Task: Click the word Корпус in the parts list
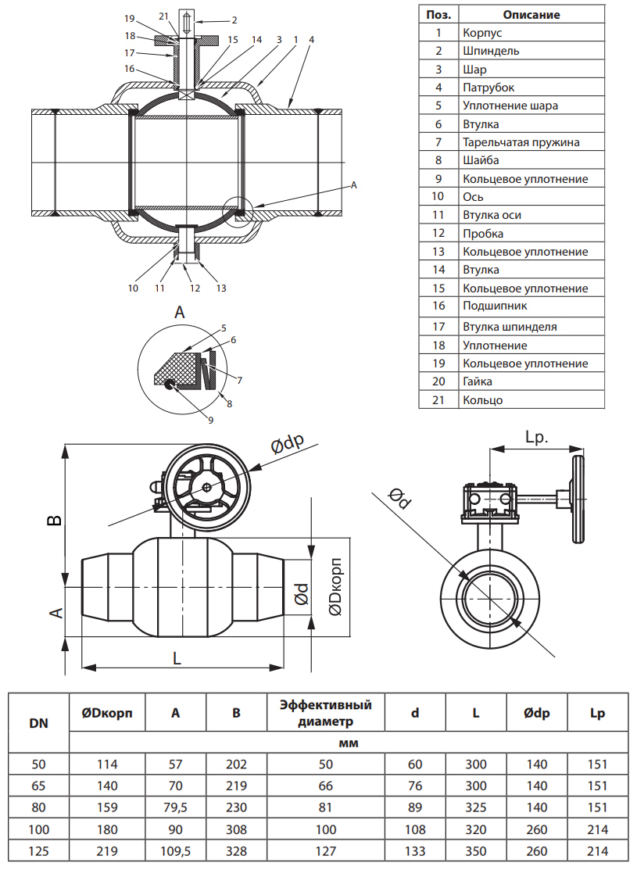pyautogui.click(x=481, y=33)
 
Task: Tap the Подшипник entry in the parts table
pyautogui.click(x=496, y=306)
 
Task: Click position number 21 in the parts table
pyautogui.click(x=438, y=400)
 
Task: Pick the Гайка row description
pyautogui.click(x=478, y=381)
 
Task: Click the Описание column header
pyautogui.click(x=531, y=14)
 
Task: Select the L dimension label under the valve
pyautogui.click(x=177, y=658)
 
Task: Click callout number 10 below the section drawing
pyautogui.click(x=134, y=288)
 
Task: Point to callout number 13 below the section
pyautogui.click(x=221, y=288)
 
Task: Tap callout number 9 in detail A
pyautogui.click(x=210, y=420)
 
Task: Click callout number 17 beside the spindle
pyautogui.click(x=130, y=53)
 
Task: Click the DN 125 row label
pyautogui.click(x=38, y=851)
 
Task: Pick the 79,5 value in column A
pyautogui.click(x=176, y=807)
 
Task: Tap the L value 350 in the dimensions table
pyautogui.click(x=475, y=851)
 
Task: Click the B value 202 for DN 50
pyautogui.click(x=236, y=764)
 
